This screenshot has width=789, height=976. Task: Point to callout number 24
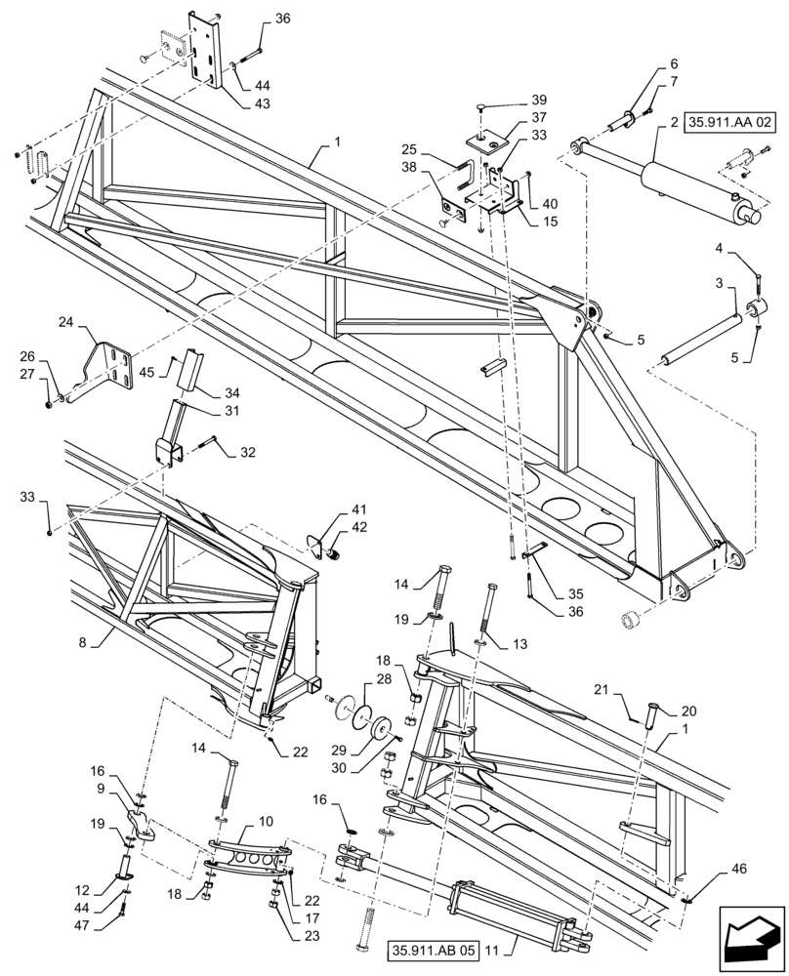(x=65, y=321)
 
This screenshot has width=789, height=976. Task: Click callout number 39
(x=540, y=101)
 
